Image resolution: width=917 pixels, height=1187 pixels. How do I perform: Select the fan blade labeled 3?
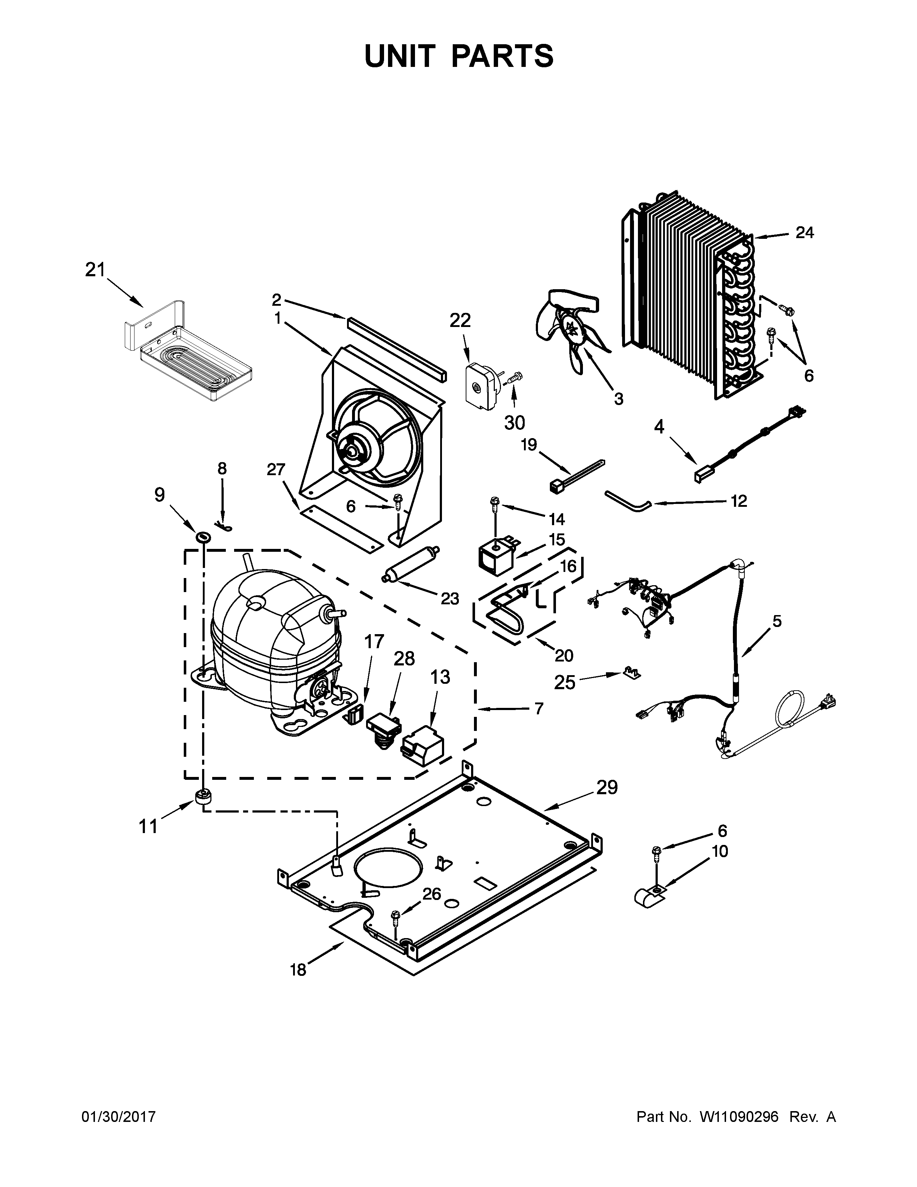click(570, 332)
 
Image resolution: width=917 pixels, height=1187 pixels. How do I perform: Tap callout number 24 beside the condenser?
click(804, 233)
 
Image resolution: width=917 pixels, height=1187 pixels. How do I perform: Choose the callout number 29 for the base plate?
click(607, 787)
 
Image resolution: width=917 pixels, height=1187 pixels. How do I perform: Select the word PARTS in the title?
click(502, 56)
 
